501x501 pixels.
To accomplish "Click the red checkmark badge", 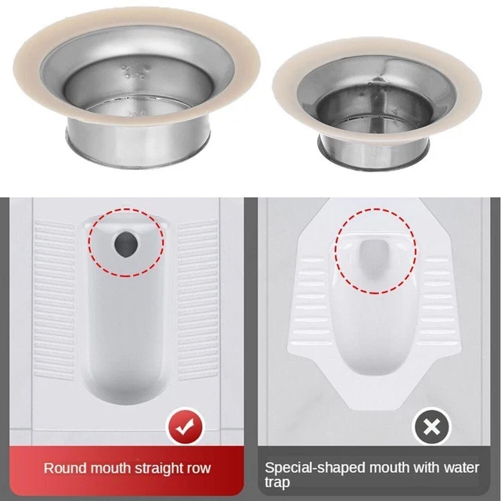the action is point(185,427).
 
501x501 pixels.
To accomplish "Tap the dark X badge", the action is point(431,427).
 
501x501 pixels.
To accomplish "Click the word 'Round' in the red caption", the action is point(65,468).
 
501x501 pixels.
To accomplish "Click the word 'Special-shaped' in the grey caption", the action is point(315,468).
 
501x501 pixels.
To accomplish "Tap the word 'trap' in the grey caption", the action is point(276,482).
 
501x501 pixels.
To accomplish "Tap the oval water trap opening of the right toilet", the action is point(375,259).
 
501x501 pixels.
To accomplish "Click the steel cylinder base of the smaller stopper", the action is point(374,153).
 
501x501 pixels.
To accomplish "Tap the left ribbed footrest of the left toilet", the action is point(54,300).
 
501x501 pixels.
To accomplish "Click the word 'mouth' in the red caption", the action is point(110,468).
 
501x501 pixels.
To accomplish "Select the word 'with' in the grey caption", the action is point(426,468).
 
